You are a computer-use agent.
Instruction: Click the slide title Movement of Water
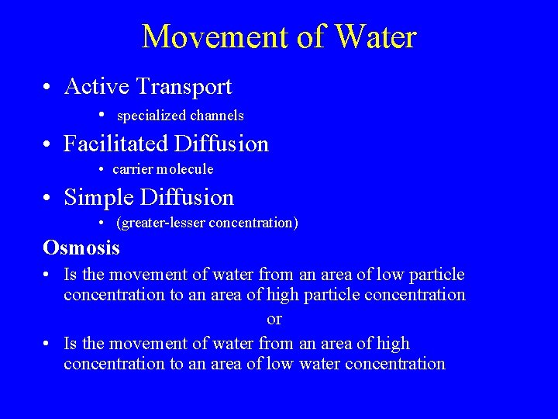click(x=279, y=36)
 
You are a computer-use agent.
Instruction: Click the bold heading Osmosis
click(x=81, y=248)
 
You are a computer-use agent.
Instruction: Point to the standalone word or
click(x=274, y=319)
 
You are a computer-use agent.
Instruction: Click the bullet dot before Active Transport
click(x=48, y=88)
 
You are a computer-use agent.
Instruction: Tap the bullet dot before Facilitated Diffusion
click(x=48, y=144)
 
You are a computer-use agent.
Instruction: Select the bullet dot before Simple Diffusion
click(x=48, y=199)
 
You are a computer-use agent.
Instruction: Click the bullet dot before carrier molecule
click(x=103, y=169)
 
